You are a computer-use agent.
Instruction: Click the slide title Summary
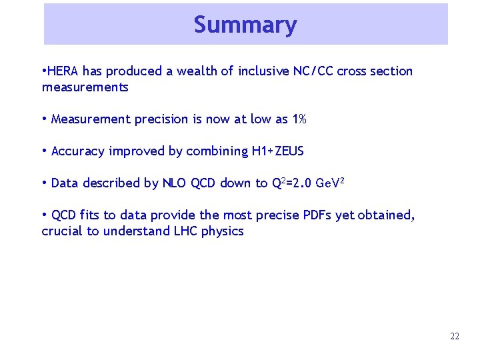click(245, 25)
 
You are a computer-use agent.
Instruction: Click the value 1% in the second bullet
click(299, 119)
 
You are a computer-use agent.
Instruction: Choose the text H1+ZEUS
click(277, 151)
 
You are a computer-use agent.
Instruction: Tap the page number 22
click(455, 337)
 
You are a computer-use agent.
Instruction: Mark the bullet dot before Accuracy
click(44, 151)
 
